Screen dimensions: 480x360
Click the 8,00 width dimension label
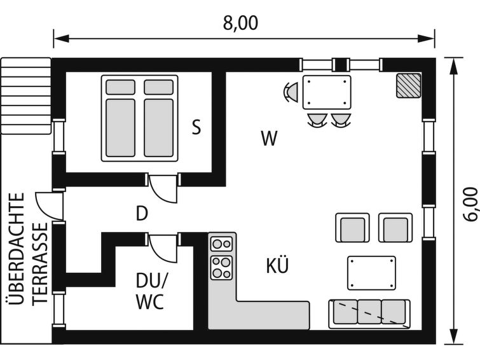coord(240,23)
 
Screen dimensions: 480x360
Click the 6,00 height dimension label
coord(470,204)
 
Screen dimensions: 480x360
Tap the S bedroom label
coord(196,127)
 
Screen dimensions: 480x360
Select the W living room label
coord(270,138)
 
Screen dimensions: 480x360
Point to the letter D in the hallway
coord(142,213)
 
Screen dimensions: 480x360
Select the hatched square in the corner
coord(409,85)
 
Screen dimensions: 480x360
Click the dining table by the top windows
coord(327,92)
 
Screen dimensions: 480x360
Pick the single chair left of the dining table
coord(290,92)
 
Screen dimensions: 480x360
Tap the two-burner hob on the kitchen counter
coord(222,244)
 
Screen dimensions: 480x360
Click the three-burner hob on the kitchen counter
coord(222,268)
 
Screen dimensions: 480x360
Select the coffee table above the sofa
coord(371,273)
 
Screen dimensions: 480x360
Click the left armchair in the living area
coord(352,228)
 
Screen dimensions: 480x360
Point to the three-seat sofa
coord(369,314)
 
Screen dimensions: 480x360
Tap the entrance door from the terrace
coord(50,206)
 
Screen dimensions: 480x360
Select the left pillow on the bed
coord(120,87)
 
